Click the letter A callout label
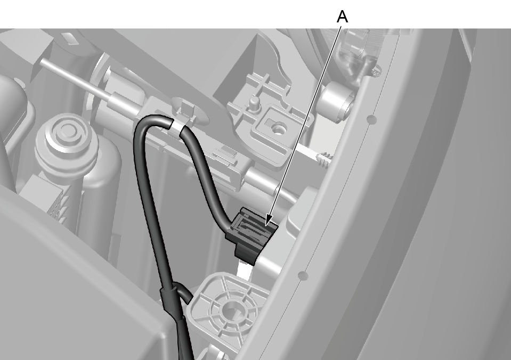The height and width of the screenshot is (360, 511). [x=342, y=17]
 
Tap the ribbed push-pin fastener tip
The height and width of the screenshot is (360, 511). [x=325, y=158]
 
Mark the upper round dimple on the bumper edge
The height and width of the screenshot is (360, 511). [x=371, y=120]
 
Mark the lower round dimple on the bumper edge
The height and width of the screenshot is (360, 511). [x=303, y=276]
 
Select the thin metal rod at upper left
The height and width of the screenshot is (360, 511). [x=77, y=78]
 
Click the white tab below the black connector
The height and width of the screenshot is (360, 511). [x=245, y=270]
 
